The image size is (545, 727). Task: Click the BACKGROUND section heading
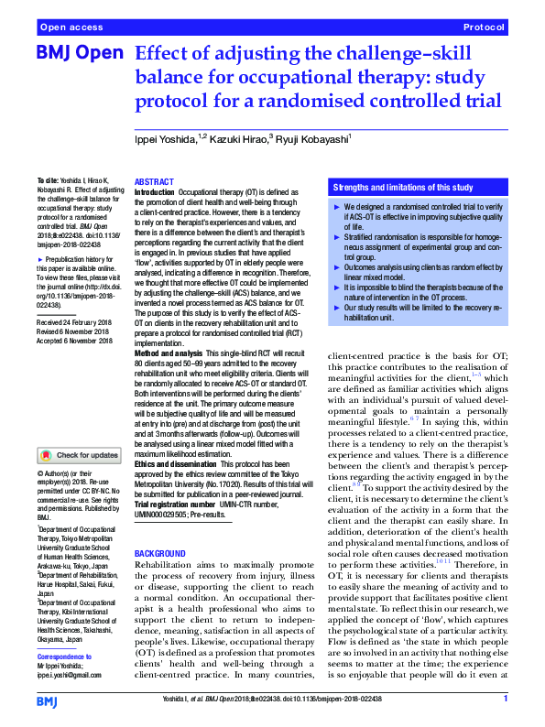(x=160, y=555)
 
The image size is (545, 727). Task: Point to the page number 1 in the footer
(x=505, y=700)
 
